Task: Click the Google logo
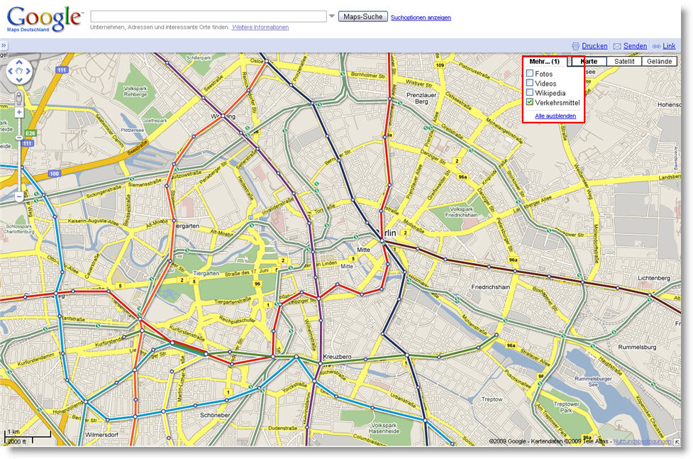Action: click(x=44, y=18)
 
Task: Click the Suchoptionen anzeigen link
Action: click(x=421, y=18)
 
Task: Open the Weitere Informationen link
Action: click(x=260, y=28)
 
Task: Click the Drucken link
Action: click(x=594, y=46)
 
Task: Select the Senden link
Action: click(x=635, y=46)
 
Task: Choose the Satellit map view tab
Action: click(x=624, y=62)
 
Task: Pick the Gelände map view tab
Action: click(x=660, y=62)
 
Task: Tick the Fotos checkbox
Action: click(x=530, y=74)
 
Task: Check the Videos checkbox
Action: click(x=530, y=83)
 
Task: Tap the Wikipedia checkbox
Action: click(x=530, y=93)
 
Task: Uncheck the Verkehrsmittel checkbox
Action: click(x=530, y=103)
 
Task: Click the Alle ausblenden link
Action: click(x=555, y=116)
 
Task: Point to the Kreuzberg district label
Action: click(x=337, y=356)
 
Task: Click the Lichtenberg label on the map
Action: click(x=654, y=278)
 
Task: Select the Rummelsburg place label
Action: click(x=639, y=347)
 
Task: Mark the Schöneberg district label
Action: click(x=215, y=415)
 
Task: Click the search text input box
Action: click(x=208, y=16)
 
